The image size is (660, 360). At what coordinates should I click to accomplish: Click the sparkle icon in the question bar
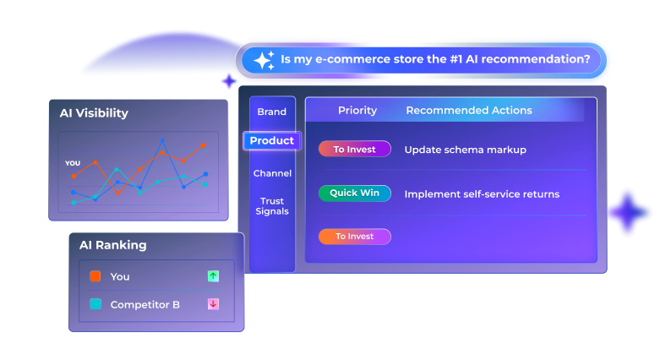[263, 60]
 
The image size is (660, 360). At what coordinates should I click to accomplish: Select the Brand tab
[272, 112]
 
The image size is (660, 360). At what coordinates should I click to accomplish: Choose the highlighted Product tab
[272, 141]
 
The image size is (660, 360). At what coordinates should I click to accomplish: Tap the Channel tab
[272, 173]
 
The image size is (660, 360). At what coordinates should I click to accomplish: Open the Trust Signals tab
[272, 205]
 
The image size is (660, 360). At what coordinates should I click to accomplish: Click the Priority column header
[357, 111]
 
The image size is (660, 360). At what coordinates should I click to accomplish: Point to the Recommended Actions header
[469, 111]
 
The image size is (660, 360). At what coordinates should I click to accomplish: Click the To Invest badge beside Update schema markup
[354, 150]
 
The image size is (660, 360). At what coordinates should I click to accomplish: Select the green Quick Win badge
[354, 194]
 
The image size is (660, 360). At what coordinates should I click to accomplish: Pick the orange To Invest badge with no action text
[354, 237]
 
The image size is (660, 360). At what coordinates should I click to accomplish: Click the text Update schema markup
[465, 150]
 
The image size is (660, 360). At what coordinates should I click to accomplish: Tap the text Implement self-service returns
[482, 194]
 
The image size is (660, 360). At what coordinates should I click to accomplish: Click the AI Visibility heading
[94, 113]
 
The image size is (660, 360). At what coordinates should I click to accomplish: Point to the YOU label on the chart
[73, 163]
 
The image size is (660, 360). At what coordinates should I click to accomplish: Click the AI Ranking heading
[112, 245]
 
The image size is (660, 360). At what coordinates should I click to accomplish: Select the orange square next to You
[95, 276]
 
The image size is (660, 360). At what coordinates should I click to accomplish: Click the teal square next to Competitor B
[95, 304]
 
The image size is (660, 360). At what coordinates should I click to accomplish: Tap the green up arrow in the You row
[213, 276]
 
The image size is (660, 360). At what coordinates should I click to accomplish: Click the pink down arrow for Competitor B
[213, 304]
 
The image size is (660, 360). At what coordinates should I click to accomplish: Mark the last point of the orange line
[203, 145]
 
